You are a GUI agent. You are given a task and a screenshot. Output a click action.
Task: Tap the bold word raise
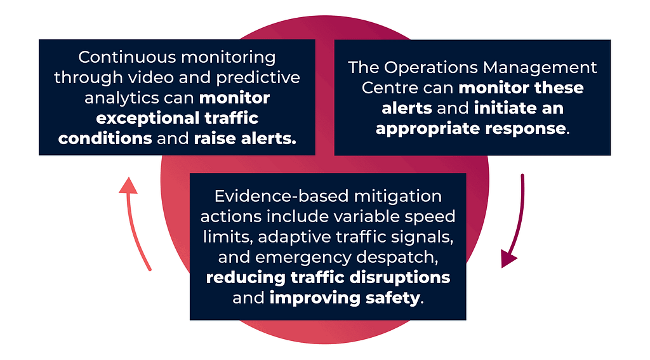[x=215, y=139]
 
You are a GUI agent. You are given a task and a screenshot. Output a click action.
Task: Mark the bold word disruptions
[x=394, y=277]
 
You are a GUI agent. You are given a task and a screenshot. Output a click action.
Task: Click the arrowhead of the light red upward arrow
[x=128, y=185]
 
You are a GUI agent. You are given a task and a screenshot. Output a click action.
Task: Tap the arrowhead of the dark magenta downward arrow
[x=509, y=259]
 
